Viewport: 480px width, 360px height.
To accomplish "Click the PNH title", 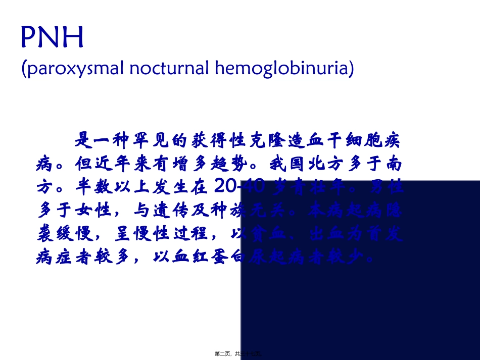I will pos(52,38).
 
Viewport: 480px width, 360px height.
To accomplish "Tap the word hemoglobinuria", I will pos(282,68).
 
